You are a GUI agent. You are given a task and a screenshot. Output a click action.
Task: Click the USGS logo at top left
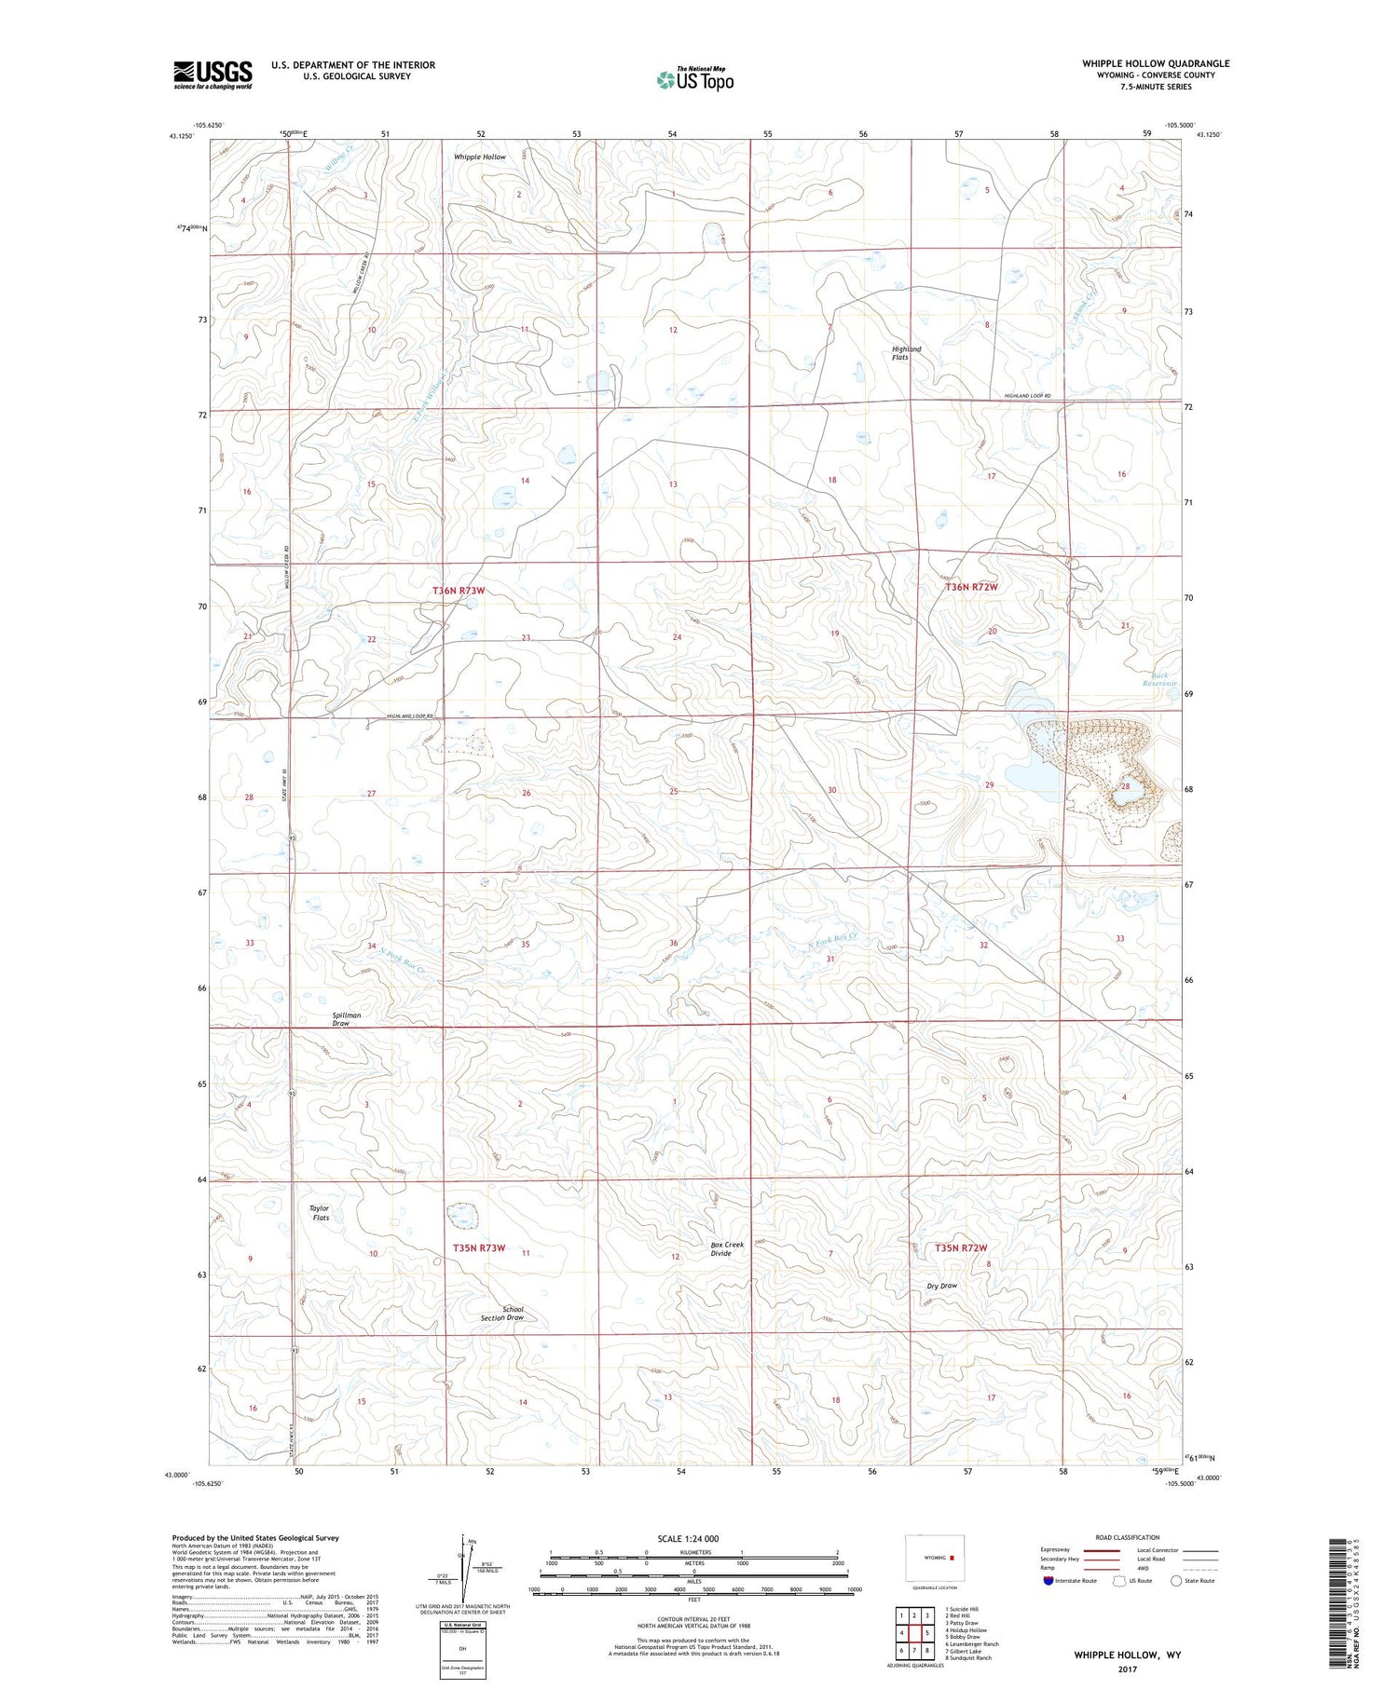click(212, 75)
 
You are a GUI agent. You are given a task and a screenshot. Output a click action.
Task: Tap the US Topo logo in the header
click(694, 80)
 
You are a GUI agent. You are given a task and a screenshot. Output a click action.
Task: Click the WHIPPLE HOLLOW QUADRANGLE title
click(1155, 63)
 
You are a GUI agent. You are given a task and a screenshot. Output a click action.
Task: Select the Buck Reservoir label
click(1158, 679)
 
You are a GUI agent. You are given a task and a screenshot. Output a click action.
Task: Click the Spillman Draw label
click(346, 1019)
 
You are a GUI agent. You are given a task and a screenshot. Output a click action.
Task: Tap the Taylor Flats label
click(321, 1213)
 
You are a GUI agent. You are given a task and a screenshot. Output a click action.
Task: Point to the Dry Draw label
click(941, 1286)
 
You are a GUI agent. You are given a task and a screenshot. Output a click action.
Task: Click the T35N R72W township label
click(960, 1247)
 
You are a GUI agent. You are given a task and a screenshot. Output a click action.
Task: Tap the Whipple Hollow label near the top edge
click(480, 157)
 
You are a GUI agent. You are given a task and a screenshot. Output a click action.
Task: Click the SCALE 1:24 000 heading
click(688, 1539)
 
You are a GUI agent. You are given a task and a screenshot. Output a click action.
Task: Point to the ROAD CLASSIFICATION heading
click(1127, 1537)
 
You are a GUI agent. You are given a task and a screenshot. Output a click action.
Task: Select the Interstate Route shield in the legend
click(1048, 1581)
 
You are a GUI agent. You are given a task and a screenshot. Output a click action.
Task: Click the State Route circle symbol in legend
click(1176, 1581)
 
